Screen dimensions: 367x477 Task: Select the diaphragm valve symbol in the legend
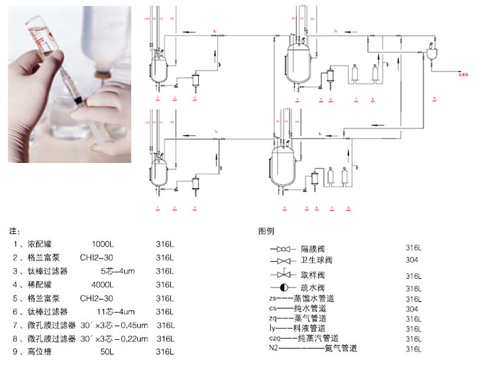tap(282, 249)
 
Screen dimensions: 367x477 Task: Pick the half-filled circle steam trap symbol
tap(282, 288)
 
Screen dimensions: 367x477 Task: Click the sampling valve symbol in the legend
tap(282, 274)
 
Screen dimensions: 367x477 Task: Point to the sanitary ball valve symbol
tap(282, 261)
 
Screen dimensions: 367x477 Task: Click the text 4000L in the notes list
tap(103, 285)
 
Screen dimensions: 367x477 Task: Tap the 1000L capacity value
tap(103, 244)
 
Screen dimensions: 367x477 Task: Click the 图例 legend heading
tap(266, 231)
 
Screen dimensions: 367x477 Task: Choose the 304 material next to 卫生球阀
tap(411, 260)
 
